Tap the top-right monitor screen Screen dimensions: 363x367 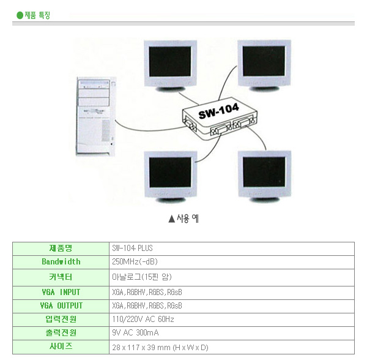pyautogui.click(x=264, y=61)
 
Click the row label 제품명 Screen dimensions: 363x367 pyautogui.click(x=61, y=248)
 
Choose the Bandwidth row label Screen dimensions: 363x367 pyautogui.click(x=61, y=262)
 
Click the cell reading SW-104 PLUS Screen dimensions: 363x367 pyautogui.click(x=133, y=249)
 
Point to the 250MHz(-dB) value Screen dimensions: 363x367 pyautogui.click(x=135, y=262)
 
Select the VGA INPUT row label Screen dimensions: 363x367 pyautogui.click(x=61, y=291)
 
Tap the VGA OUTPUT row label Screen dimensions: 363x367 pyautogui.click(x=61, y=305)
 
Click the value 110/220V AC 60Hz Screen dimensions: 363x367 pyautogui.click(x=143, y=320)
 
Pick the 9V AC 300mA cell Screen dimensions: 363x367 pyautogui.click(x=136, y=334)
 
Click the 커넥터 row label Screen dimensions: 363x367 pyautogui.click(x=61, y=277)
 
